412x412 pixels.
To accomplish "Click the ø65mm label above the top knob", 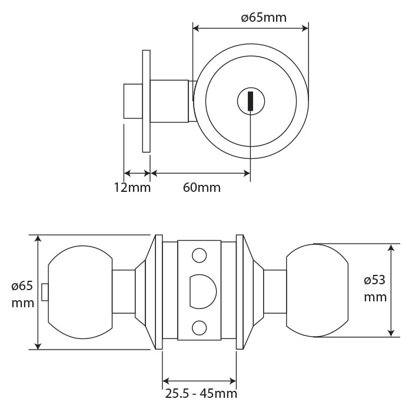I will click(x=264, y=17).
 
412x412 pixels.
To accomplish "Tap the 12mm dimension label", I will click(x=132, y=188).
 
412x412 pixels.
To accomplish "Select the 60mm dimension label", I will click(x=202, y=188).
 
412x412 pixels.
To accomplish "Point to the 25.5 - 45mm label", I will click(x=201, y=394).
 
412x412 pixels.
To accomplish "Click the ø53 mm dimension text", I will click(x=375, y=288).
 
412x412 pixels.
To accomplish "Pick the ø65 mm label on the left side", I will click(x=22, y=295).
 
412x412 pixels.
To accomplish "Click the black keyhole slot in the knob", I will click(x=250, y=101).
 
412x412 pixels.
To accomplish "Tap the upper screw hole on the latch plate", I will click(x=200, y=256).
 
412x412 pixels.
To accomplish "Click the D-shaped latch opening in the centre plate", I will click(x=202, y=291).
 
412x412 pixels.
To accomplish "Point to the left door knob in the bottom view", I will click(x=79, y=291).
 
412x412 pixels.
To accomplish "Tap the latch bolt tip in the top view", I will click(x=132, y=101).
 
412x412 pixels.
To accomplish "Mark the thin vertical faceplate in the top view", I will click(x=146, y=101).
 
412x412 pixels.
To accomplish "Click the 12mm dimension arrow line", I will click(x=138, y=174).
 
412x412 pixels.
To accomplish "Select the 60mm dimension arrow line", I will click(x=201, y=174).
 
